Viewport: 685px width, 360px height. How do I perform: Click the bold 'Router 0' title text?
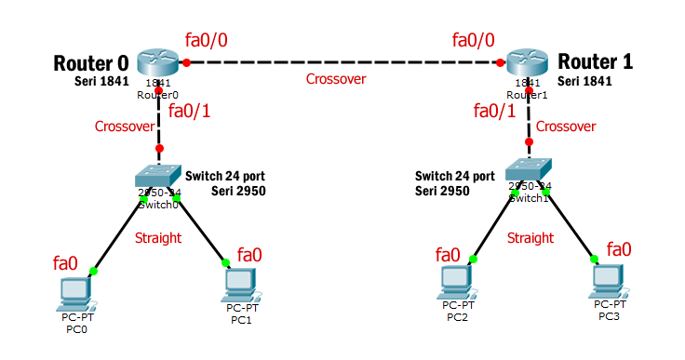90,63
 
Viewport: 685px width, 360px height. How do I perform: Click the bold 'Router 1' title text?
596,62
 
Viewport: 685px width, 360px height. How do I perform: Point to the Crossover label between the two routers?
336,79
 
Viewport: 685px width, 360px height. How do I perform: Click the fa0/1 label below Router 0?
189,113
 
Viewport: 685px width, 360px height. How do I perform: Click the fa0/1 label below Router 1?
494,111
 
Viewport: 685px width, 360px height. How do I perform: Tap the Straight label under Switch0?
158,238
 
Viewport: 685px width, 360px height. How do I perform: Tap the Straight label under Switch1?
531,238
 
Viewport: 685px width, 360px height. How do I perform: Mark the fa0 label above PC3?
619,248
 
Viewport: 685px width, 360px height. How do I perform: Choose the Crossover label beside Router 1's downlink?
566,127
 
